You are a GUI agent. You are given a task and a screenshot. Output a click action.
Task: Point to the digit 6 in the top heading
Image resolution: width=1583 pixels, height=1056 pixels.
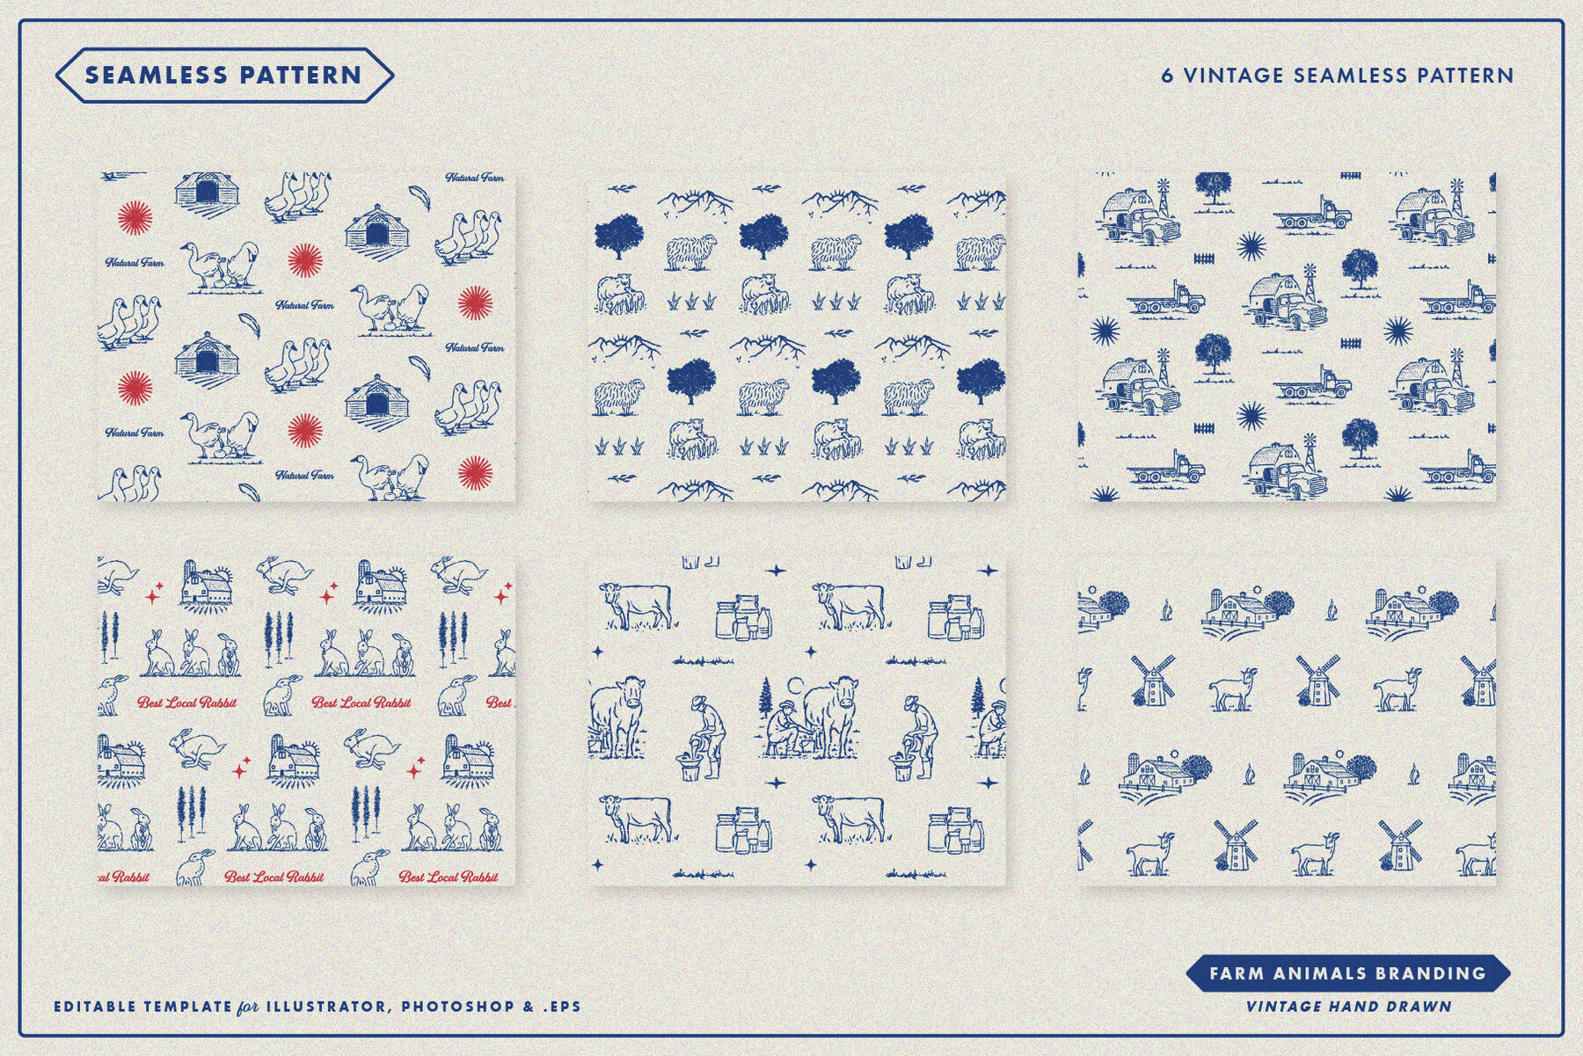[x=1167, y=76]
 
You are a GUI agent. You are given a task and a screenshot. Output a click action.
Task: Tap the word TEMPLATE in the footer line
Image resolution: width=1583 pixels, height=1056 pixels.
[x=189, y=1006]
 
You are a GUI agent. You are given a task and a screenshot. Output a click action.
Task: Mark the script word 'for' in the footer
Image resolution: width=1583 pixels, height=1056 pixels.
[x=248, y=1007]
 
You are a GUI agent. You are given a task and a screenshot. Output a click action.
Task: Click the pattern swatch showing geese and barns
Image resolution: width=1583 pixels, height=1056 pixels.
[x=306, y=338]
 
